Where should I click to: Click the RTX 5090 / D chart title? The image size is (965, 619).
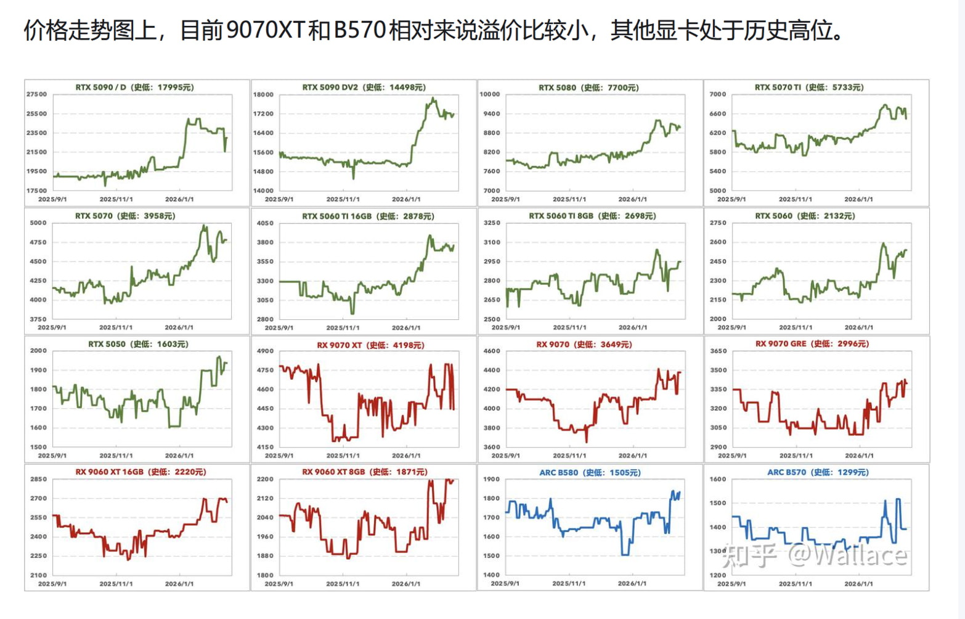click(x=135, y=88)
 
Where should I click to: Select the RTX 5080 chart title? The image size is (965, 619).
click(x=588, y=88)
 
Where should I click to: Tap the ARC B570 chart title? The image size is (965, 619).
click(x=818, y=472)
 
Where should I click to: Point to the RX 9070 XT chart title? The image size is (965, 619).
click(x=370, y=345)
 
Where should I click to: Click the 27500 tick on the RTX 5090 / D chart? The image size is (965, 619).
click(x=36, y=94)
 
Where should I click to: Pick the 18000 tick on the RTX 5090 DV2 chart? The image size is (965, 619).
click(x=263, y=95)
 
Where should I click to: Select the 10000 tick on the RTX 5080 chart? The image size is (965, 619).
click(x=490, y=94)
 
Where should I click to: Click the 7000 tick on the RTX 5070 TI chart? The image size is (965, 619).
click(x=718, y=94)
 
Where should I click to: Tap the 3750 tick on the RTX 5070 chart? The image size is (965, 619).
click(x=38, y=319)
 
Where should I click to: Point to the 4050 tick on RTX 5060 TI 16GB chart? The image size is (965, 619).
click(x=265, y=223)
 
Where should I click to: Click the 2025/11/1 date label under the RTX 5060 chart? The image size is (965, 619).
click(x=796, y=327)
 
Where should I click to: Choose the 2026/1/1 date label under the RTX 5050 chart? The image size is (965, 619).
click(x=179, y=456)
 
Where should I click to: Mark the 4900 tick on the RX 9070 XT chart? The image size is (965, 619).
click(x=265, y=351)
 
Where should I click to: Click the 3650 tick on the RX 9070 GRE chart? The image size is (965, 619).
click(x=718, y=351)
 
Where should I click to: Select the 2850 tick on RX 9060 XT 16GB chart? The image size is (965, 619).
click(x=38, y=479)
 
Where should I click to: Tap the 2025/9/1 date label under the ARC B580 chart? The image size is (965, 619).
click(x=505, y=584)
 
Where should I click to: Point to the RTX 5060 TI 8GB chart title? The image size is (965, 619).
click(x=592, y=216)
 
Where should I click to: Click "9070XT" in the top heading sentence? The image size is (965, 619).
click(x=266, y=31)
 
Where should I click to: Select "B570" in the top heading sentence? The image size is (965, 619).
click(x=359, y=31)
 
